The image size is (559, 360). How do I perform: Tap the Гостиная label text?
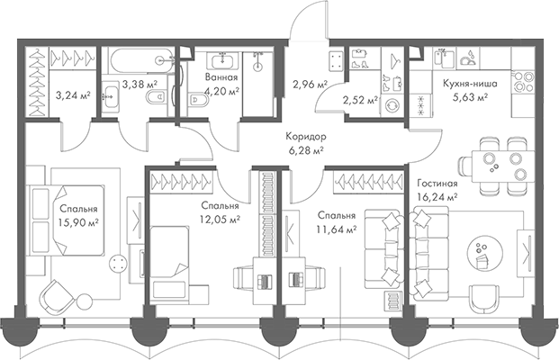(x=437, y=183)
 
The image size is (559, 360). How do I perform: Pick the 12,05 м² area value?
(x=220, y=218)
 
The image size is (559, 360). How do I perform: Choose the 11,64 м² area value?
(x=338, y=229)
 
